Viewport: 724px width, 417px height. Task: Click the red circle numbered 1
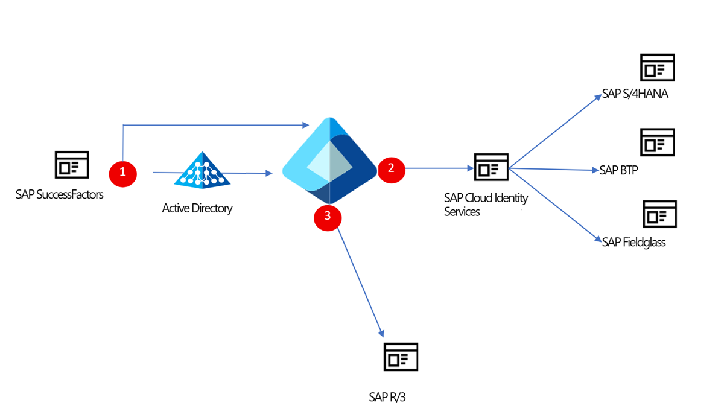pyautogui.click(x=123, y=173)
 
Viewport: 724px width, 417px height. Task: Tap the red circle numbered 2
pyautogui.click(x=391, y=168)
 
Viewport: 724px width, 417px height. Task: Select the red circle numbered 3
pyautogui.click(x=328, y=217)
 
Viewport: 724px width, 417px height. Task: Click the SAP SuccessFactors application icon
pyautogui.click(x=72, y=165)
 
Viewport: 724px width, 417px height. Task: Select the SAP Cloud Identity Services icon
pyautogui.click(x=491, y=167)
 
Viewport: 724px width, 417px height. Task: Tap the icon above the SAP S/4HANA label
pyautogui.click(x=657, y=68)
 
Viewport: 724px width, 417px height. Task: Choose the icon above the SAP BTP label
pyautogui.click(x=657, y=142)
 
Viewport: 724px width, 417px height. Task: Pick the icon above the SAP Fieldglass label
pyautogui.click(x=659, y=214)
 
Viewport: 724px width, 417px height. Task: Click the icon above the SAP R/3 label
pyautogui.click(x=401, y=357)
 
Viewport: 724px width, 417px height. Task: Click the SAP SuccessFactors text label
pyautogui.click(x=60, y=194)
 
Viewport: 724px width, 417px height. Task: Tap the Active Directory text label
pyautogui.click(x=197, y=209)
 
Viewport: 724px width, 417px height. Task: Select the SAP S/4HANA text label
pyautogui.click(x=635, y=95)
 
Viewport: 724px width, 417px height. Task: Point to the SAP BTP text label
pyautogui.click(x=618, y=170)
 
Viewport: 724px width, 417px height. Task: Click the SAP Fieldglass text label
pyautogui.click(x=634, y=243)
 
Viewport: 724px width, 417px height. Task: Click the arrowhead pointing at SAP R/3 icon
pyautogui.click(x=381, y=333)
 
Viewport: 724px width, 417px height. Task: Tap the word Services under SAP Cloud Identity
pyautogui.click(x=462, y=212)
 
